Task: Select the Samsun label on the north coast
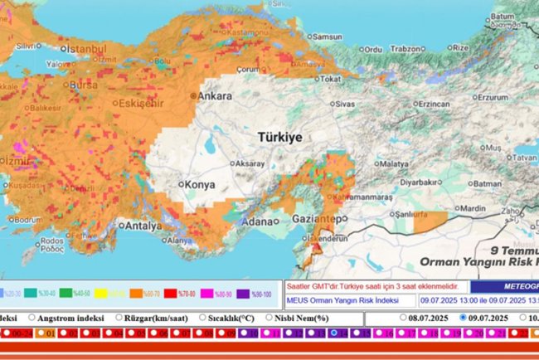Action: click(x=326, y=37)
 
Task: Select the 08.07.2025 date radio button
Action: click(x=404, y=318)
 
